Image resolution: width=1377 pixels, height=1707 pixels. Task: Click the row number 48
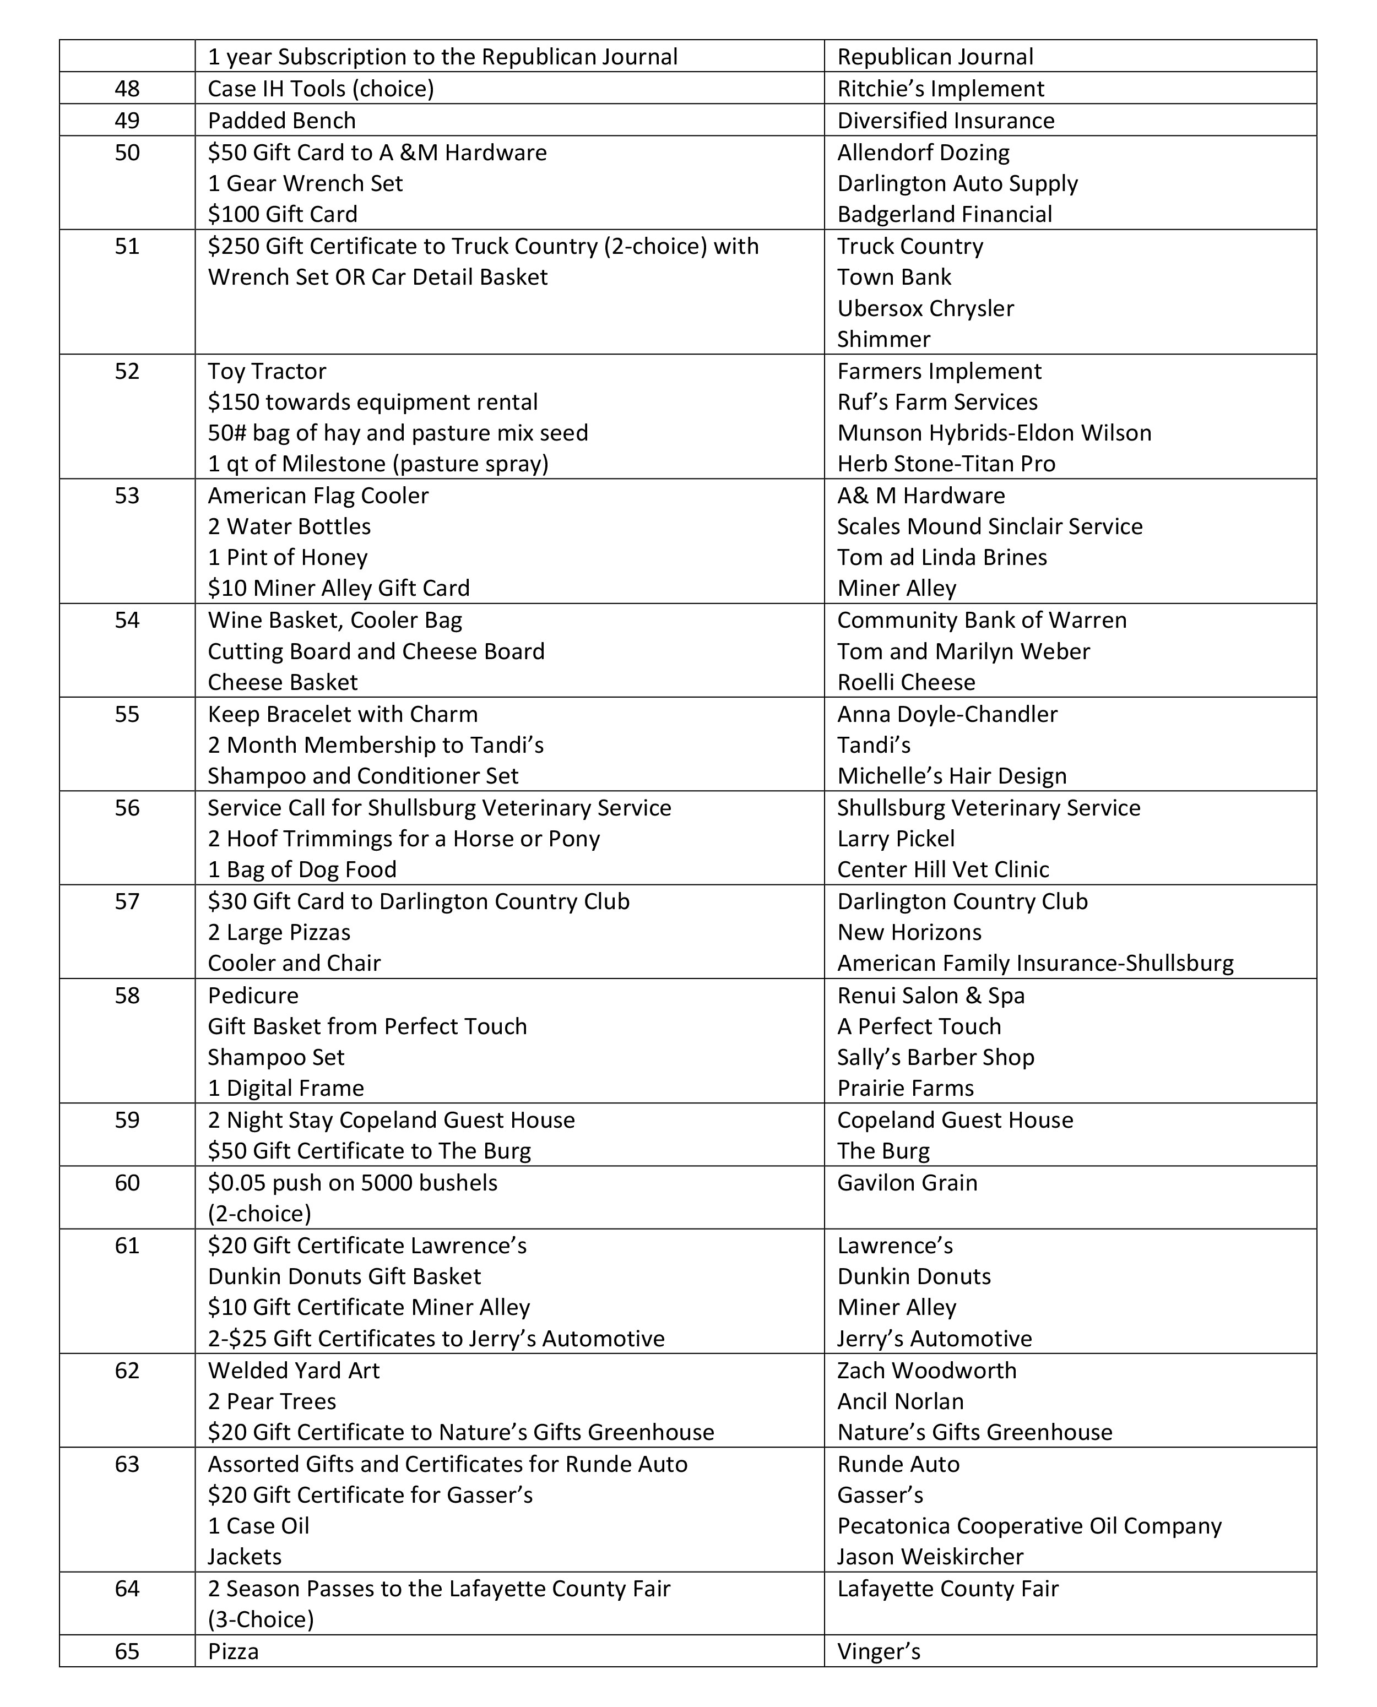(127, 89)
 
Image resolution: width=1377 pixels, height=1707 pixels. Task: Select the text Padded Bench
(281, 121)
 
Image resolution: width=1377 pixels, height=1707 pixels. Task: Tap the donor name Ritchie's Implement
(940, 89)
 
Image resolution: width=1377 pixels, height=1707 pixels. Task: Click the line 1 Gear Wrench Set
(305, 183)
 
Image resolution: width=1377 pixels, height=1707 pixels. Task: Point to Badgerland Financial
(944, 214)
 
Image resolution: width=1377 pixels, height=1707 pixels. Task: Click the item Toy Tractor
(267, 371)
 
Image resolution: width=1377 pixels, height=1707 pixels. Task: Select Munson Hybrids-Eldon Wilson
(994, 433)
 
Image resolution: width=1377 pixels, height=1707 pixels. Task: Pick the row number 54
(127, 620)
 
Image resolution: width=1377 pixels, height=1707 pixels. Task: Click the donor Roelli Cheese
(906, 682)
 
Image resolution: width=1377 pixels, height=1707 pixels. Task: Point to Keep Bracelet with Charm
(343, 714)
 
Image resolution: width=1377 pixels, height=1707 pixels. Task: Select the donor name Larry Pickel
(896, 839)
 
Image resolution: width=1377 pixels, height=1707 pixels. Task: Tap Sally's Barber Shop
(935, 1057)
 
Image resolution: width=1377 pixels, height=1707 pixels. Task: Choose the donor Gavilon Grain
(907, 1183)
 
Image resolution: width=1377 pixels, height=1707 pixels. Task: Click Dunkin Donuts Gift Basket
(344, 1276)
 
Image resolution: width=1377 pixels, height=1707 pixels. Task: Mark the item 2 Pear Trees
(272, 1401)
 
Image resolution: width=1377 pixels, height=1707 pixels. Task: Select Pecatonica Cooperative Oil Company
(1029, 1525)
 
